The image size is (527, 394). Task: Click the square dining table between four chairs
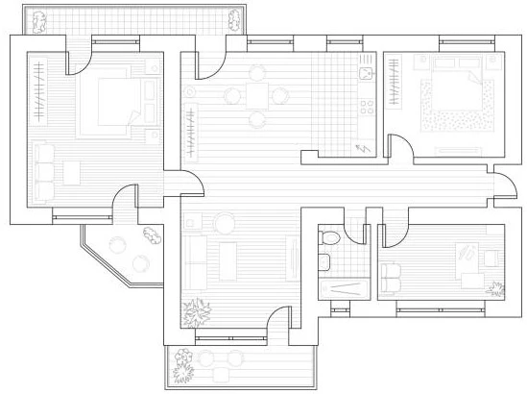coord(257,95)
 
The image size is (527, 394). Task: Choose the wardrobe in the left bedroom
coord(38,91)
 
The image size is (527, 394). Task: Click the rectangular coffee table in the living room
coord(228,260)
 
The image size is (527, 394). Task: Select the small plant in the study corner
coord(495,285)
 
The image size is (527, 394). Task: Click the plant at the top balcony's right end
coord(234,18)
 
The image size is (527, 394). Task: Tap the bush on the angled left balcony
coord(151,233)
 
